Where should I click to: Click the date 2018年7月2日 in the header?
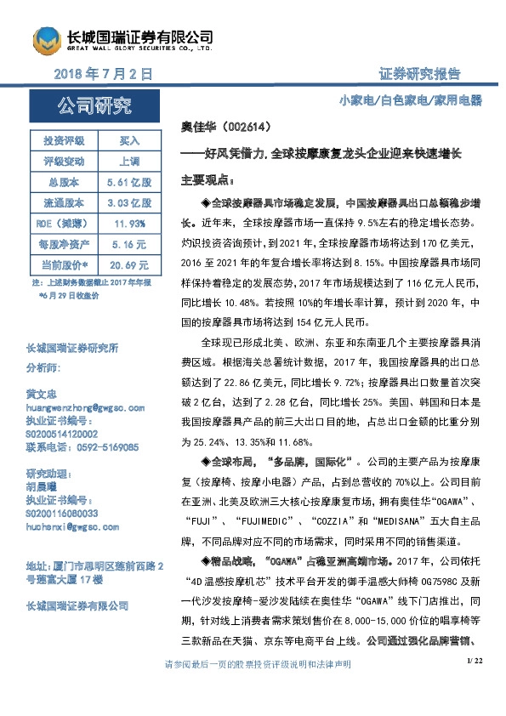click(103, 74)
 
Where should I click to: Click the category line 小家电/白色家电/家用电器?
click(410, 100)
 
